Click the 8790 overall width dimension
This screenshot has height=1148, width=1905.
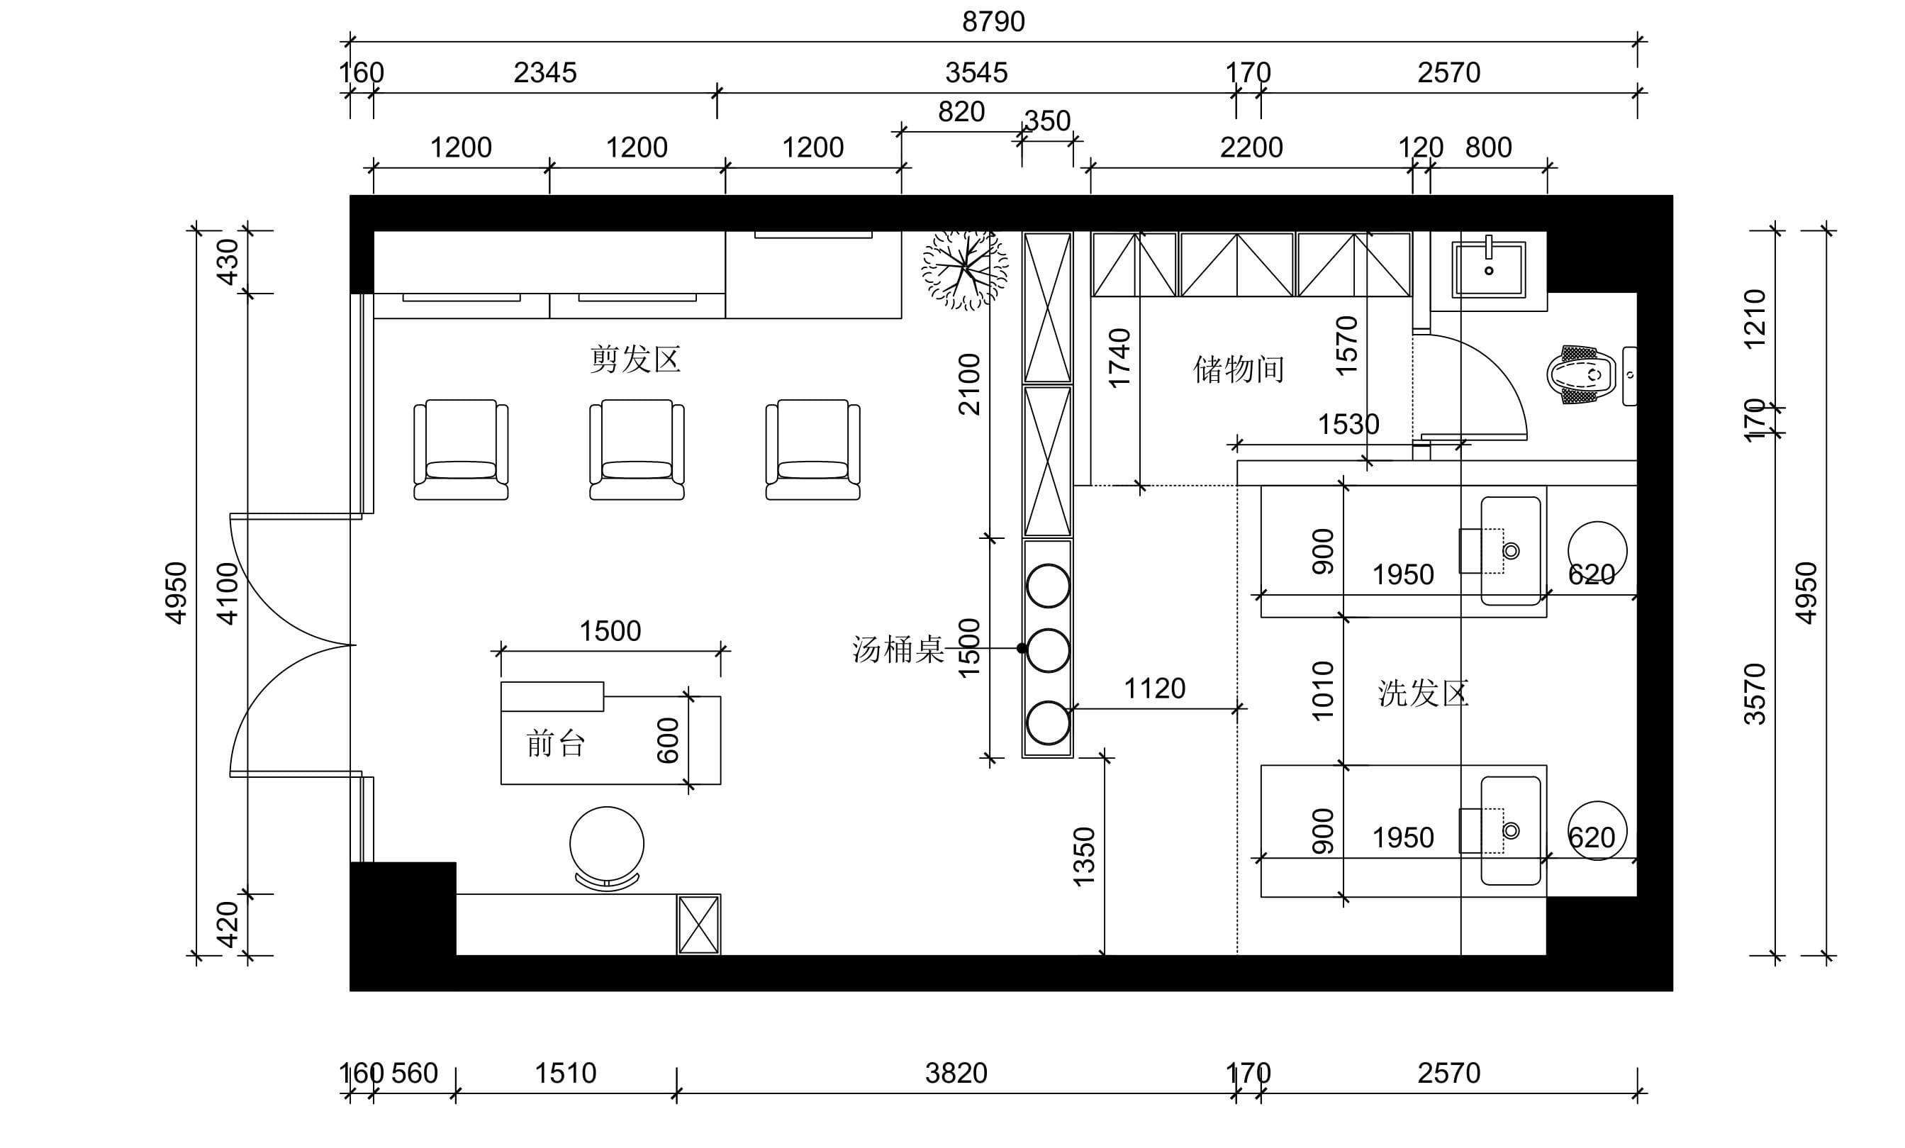[x=993, y=22]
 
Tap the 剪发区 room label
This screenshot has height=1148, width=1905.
[x=635, y=360]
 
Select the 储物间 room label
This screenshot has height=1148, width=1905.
[x=1239, y=369]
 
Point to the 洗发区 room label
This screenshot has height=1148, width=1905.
[x=1423, y=693]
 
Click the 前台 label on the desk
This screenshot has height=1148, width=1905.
[x=555, y=744]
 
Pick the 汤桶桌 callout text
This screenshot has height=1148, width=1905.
[x=898, y=650]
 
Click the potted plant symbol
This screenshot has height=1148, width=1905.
[x=965, y=269]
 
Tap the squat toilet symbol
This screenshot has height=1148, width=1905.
[x=1582, y=375]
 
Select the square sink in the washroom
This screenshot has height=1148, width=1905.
[x=1488, y=269]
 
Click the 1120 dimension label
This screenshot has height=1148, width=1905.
[x=1154, y=688]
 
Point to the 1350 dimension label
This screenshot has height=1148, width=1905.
[x=1084, y=857]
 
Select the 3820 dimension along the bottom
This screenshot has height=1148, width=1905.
[x=956, y=1073]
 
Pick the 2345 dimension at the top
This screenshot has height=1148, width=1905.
[x=545, y=72]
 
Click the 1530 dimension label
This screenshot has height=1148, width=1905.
[x=1348, y=425]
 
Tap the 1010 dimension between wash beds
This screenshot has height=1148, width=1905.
[x=1323, y=691]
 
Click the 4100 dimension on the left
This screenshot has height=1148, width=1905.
[x=228, y=593]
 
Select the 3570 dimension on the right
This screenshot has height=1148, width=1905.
[x=1755, y=693]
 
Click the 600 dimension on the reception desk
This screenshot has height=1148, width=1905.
[x=667, y=740]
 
